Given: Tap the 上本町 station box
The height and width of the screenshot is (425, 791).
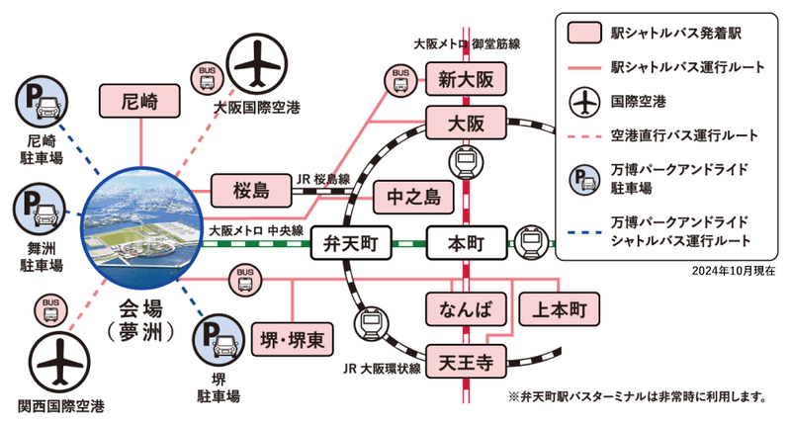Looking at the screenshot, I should click(558, 309).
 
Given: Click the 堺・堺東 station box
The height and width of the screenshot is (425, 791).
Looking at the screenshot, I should click(293, 340).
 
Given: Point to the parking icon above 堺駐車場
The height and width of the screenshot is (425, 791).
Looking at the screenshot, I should click(219, 341).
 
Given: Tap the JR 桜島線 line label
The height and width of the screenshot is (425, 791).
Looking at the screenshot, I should click(323, 181).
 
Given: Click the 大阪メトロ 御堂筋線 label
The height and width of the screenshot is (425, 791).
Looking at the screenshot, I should click(467, 44).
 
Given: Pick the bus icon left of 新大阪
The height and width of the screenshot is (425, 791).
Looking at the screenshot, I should click(400, 77).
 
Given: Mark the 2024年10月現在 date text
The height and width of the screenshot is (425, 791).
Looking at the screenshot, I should click(727, 270).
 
